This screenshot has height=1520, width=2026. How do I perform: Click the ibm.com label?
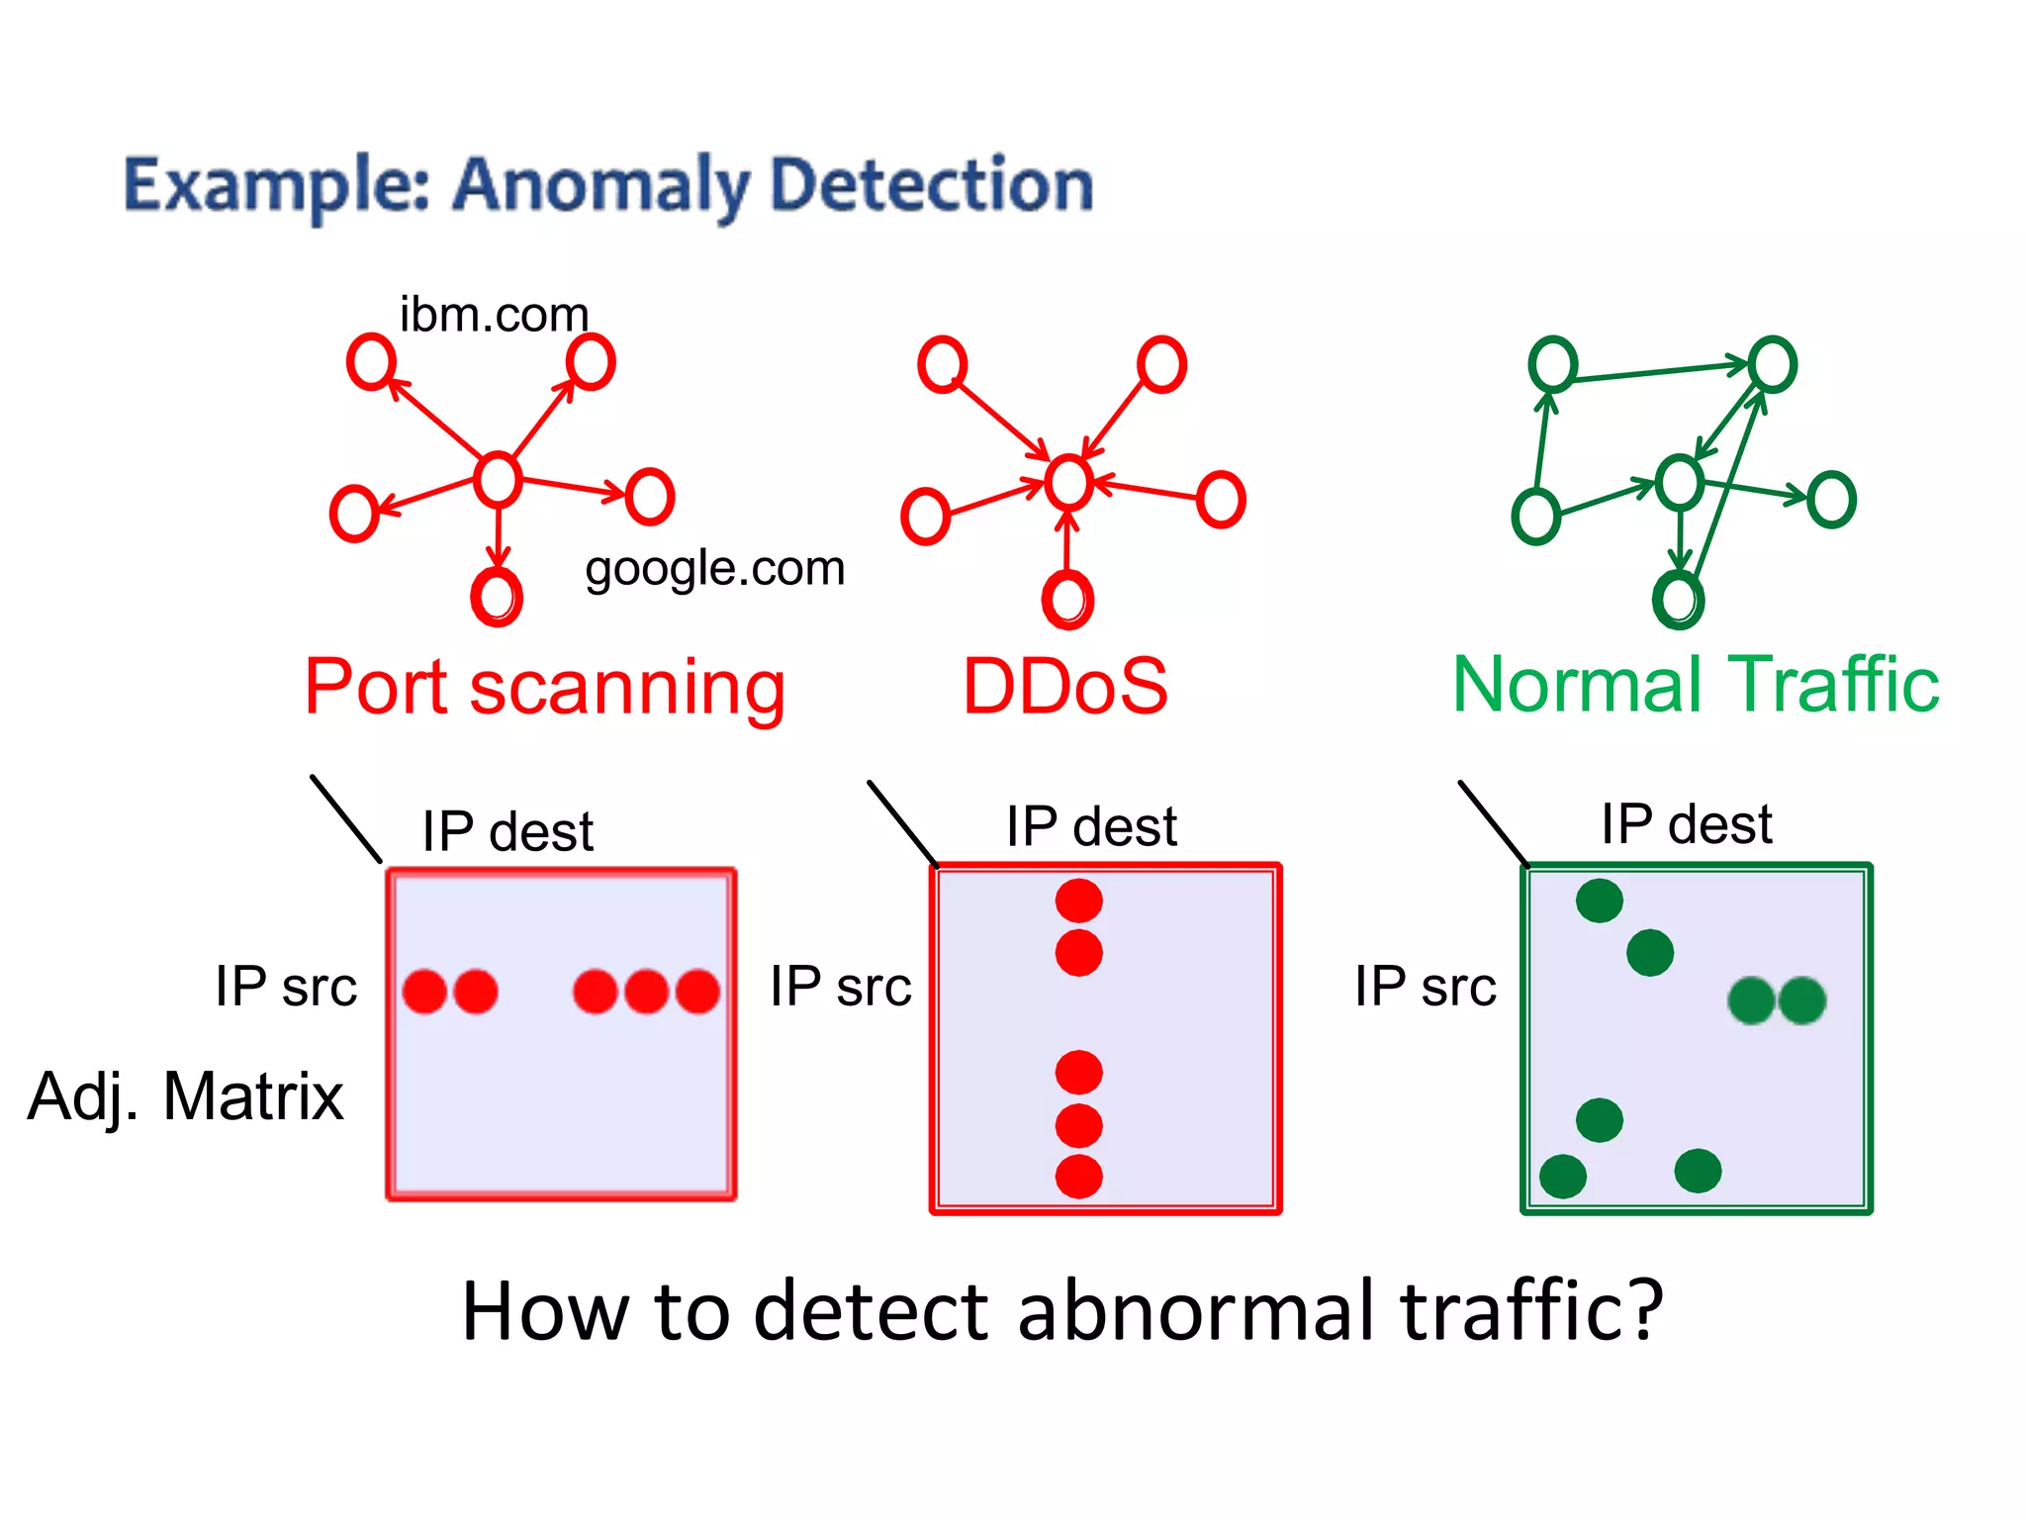click(x=494, y=315)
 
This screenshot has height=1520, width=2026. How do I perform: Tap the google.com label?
click(x=714, y=569)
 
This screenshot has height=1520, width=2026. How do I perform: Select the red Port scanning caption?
click(x=544, y=687)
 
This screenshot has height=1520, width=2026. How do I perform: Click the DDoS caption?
click(x=1065, y=686)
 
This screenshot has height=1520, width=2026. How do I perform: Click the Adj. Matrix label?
click(x=186, y=1096)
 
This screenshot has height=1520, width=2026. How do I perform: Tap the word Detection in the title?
click(x=931, y=185)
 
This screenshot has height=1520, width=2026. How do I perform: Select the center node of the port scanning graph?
click(x=498, y=480)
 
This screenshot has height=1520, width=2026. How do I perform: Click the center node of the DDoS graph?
click(x=1069, y=483)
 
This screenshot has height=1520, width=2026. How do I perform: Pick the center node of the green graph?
click(x=1680, y=483)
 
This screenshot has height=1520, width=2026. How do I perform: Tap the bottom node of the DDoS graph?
click(x=1067, y=599)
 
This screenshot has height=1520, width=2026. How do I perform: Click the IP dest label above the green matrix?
click(x=1687, y=824)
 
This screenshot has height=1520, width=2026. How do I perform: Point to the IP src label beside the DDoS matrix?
click(x=841, y=987)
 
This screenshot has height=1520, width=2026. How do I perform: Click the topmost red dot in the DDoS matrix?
click(x=1078, y=901)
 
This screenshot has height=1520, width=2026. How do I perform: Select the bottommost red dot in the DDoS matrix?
click(x=1078, y=1177)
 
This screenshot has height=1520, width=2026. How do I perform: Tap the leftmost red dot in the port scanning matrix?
click(x=424, y=992)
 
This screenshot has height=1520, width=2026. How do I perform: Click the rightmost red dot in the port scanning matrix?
click(x=698, y=992)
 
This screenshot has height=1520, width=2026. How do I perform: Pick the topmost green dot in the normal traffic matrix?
click(x=1600, y=901)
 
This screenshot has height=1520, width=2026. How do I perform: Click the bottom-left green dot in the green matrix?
click(x=1563, y=1177)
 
